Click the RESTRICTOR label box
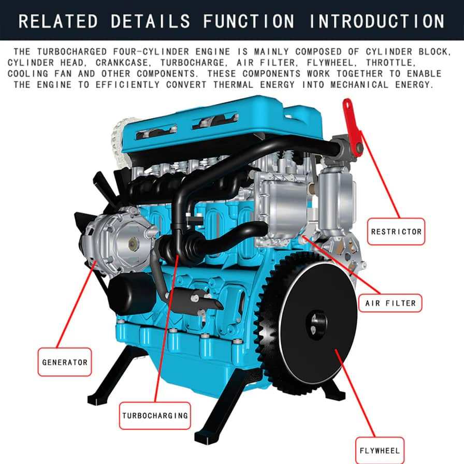396,232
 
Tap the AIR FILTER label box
390,303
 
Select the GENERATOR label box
64,362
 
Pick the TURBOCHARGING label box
155,415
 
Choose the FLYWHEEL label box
380,450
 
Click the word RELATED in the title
57,21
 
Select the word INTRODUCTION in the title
376,21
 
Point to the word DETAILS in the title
150,21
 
